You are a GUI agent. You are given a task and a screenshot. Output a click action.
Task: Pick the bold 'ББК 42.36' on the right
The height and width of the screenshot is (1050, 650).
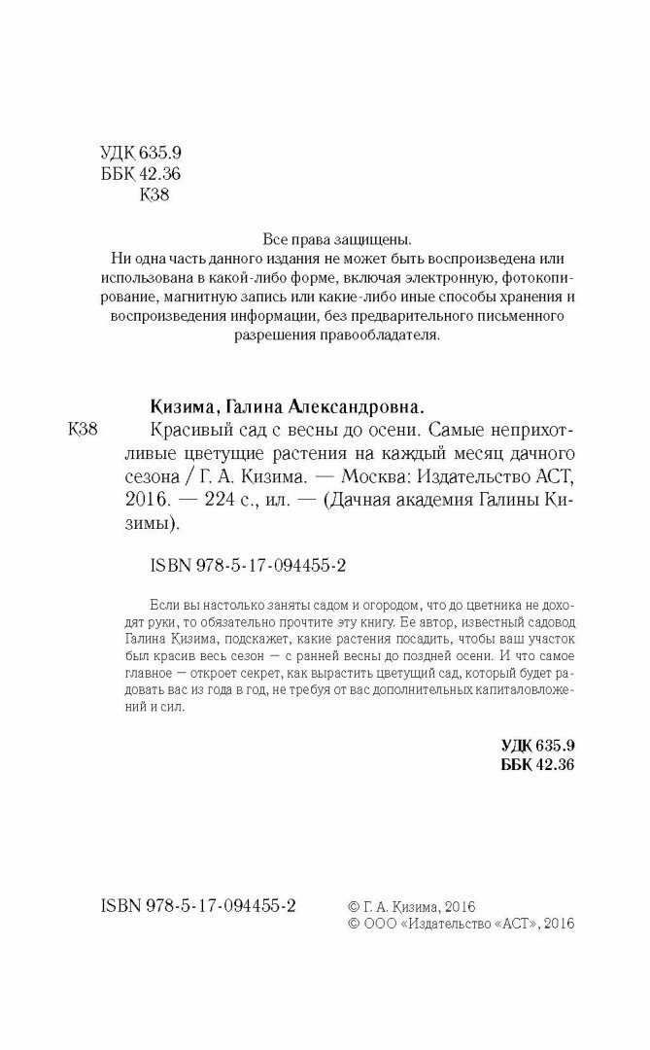tap(538, 765)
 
